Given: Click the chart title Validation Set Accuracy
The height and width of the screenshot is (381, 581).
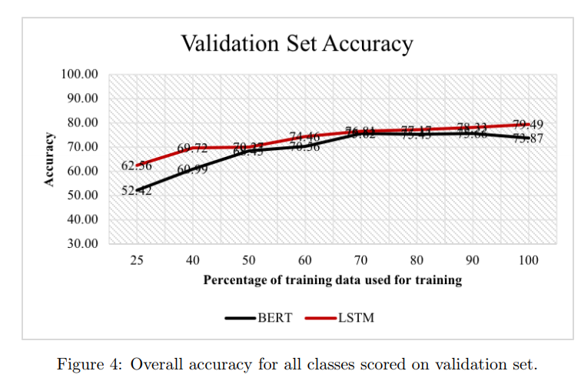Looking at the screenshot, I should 297,43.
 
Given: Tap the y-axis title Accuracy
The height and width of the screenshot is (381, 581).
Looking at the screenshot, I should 50,159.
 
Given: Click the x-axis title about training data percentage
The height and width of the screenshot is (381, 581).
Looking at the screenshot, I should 332,280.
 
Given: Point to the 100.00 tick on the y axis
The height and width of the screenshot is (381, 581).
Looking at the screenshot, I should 79,75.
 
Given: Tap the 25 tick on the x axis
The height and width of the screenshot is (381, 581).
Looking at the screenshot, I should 136,261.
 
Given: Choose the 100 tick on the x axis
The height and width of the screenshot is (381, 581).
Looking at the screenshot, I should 529,261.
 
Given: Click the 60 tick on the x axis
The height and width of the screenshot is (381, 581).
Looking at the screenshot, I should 304,261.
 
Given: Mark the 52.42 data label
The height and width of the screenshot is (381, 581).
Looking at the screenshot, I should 136,191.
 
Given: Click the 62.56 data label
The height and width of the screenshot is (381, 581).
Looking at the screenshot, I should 136,166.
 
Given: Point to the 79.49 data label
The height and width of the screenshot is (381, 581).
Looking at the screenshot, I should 528,125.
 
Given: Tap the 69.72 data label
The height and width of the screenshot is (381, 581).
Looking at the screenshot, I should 192,148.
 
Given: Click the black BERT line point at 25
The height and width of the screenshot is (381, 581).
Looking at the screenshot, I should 137,189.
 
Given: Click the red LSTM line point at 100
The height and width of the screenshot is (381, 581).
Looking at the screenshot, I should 529,124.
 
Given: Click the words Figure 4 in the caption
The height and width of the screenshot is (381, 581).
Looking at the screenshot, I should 85,363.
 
